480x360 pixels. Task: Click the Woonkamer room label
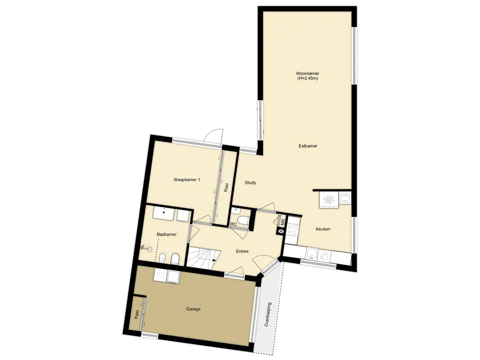click(307, 74)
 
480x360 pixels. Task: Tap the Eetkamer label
click(308, 146)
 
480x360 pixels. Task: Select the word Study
click(250, 183)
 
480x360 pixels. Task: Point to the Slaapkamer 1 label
click(187, 180)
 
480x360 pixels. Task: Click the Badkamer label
click(166, 234)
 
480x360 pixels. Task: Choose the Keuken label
click(323, 229)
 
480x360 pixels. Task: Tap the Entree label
click(242, 251)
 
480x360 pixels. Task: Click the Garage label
click(193, 309)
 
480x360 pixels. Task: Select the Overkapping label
click(268, 315)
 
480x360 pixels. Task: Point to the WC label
click(233, 224)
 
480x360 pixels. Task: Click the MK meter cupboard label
click(283, 222)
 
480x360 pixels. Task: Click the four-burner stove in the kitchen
click(292, 230)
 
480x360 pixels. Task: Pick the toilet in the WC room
click(244, 220)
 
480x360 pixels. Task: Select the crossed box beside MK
click(281, 232)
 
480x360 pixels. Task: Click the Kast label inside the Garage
click(136, 315)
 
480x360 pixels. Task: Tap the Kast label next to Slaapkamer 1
click(226, 187)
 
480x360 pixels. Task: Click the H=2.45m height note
click(307, 78)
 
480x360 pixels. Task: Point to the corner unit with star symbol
click(329, 200)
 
